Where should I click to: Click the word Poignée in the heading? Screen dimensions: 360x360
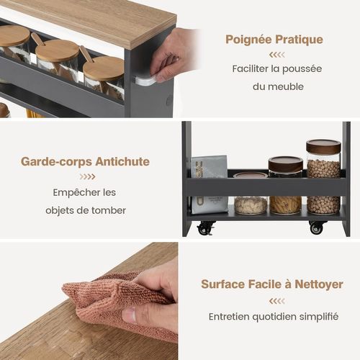coord(246,40)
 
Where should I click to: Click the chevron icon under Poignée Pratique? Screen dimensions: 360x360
coord(276,55)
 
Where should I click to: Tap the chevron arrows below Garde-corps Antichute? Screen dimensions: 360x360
coord(87,177)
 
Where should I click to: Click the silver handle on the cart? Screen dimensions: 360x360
coord(145,81)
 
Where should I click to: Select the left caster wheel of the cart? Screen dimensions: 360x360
coord(205,228)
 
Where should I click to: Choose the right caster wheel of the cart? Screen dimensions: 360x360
coord(317,228)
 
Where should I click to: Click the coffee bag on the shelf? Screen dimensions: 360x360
coord(209,184)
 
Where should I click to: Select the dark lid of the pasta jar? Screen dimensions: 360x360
coord(285,164)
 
